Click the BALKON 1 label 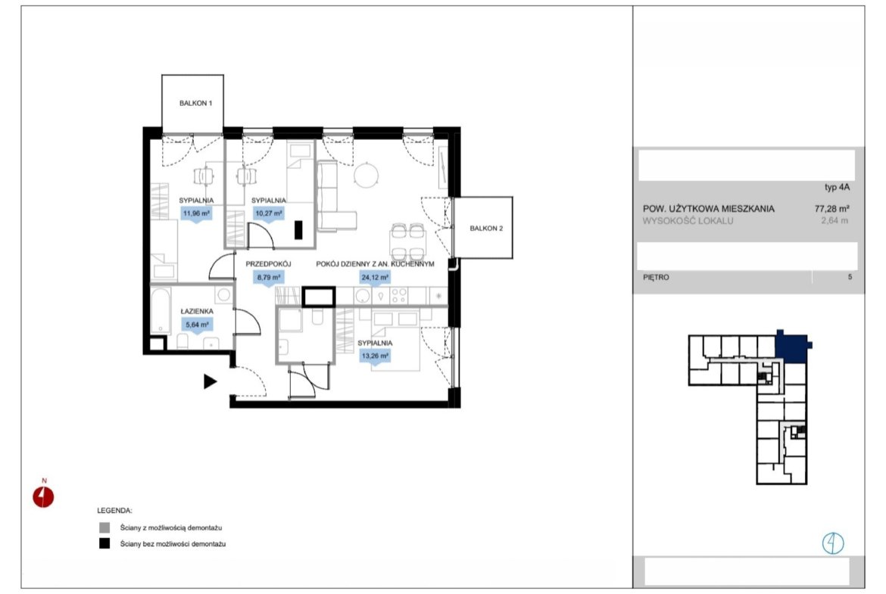pyautogui.click(x=195, y=104)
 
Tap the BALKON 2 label pyautogui.click(x=486, y=229)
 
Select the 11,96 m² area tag pyautogui.click(x=196, y=214)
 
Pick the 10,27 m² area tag pyautogui.click(x=268, y=214)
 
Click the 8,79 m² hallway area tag pyautogui.click(x=268, y=278)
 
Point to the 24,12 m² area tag pyautogui.click(x=375, y=278)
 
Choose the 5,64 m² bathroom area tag pyautogui.click(x=197, y=325)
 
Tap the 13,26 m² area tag pyautogui.click(x=375, y=356)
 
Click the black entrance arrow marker pyautogui.click(x=211, y=381)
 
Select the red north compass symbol pyautogui.click(x=43, y=497)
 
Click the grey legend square pyautogui.click(x=105, y=528)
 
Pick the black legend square pyautogui.click(x=105, y=544)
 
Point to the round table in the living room pyautogui.click(x=367, y=175)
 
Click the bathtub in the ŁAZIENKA pyautogui.click(x=160, y=311)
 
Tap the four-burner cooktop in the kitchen pyautogui.click(x=399, y=295)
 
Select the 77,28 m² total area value pyautogui.click(x=831, y=208)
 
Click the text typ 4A pyautogui.click(x=837, y=188)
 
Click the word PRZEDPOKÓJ pyautogui.click(x=268, y=264)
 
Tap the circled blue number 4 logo pyautogui.click(x=833, y=544)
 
